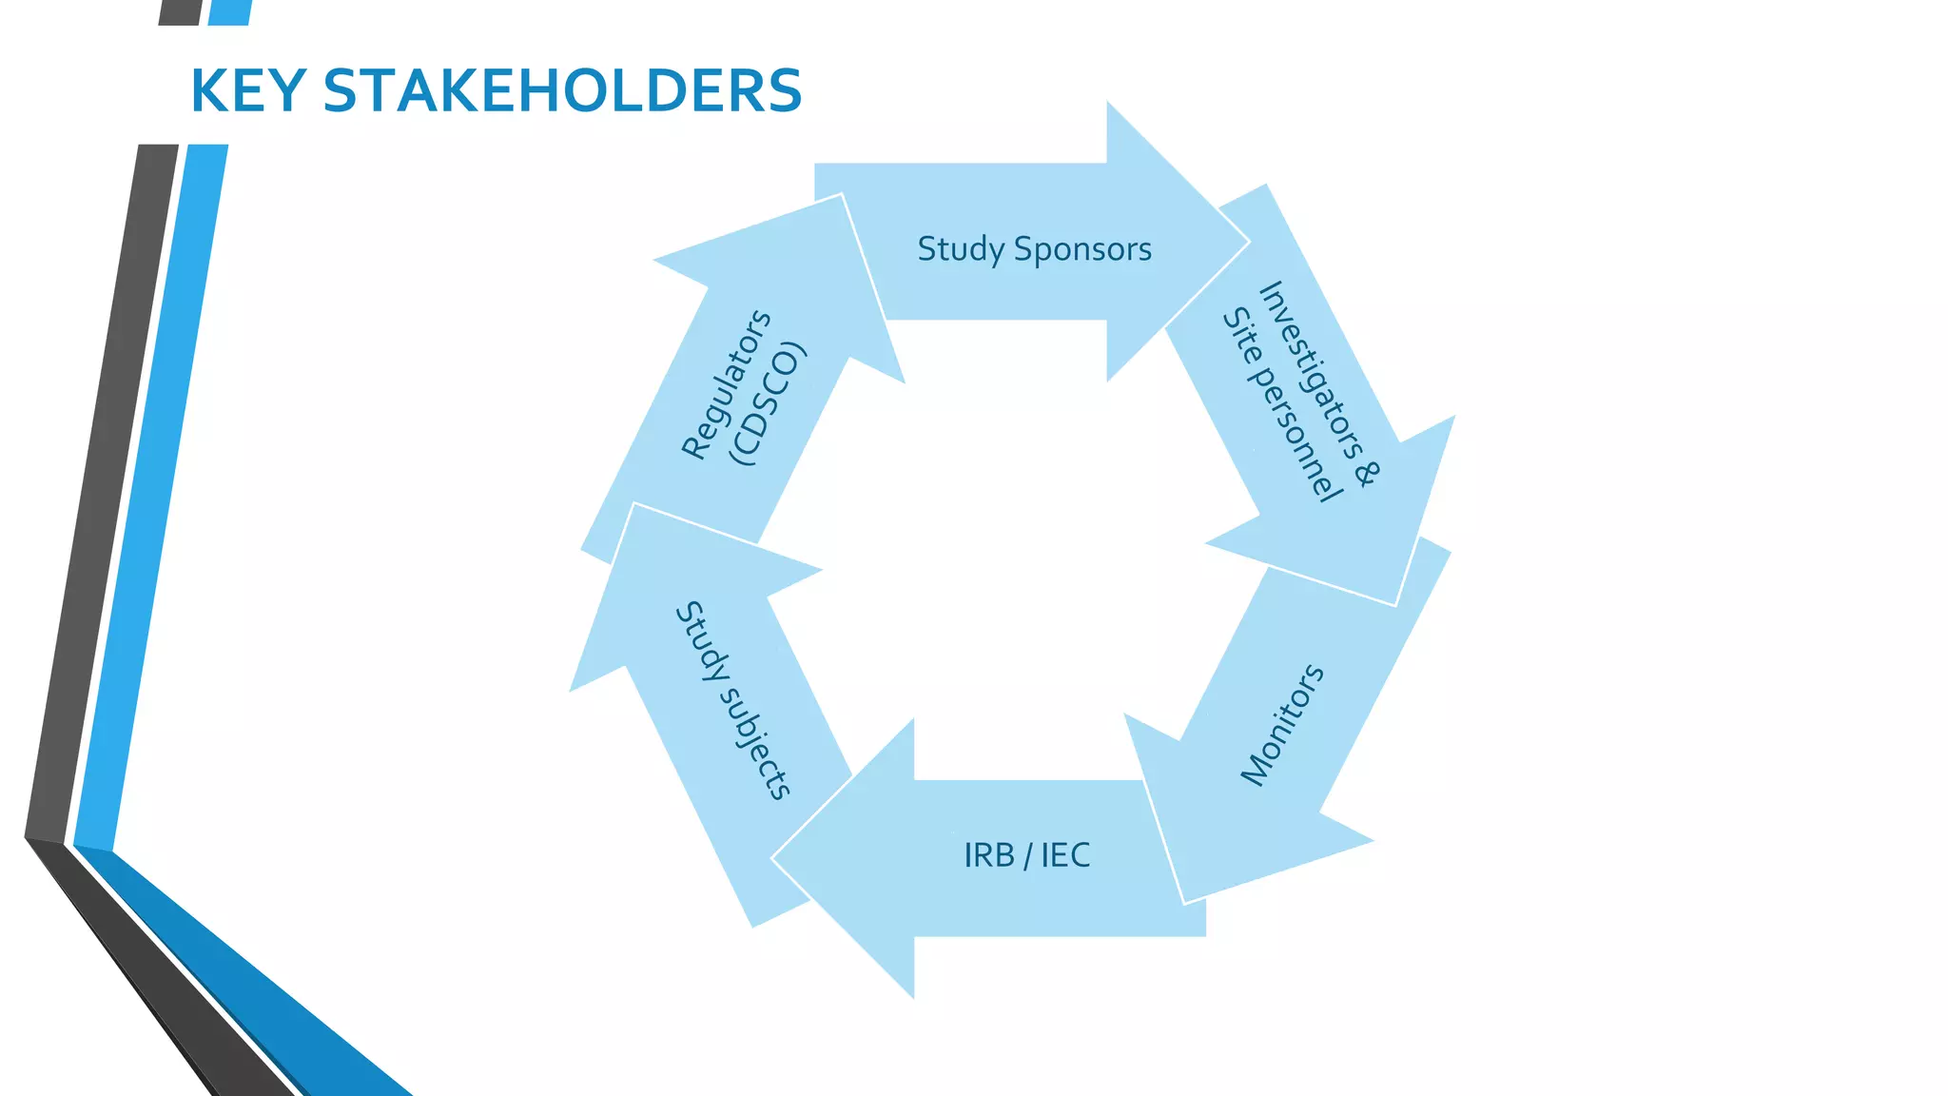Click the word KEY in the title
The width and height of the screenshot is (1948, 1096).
coord(247,92)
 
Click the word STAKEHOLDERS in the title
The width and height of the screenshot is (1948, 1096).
coord(562,92)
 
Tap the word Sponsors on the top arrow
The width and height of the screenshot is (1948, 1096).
coord(1082,249)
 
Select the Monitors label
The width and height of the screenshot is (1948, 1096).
coord(1282,725)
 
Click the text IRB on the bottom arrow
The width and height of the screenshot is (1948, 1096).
coord(989,855)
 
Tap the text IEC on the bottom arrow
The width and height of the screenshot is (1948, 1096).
coord(1065,855)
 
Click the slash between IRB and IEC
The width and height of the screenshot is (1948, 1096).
coord(1027,856)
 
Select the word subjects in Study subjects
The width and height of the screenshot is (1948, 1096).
coord(756,743)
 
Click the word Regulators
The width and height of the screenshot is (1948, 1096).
coord(726,384)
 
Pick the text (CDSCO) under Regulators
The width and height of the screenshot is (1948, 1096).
coord(768,403)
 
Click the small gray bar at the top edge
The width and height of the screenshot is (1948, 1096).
coord(180,11)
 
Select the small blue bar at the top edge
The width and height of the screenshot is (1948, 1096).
coord(229,11)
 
